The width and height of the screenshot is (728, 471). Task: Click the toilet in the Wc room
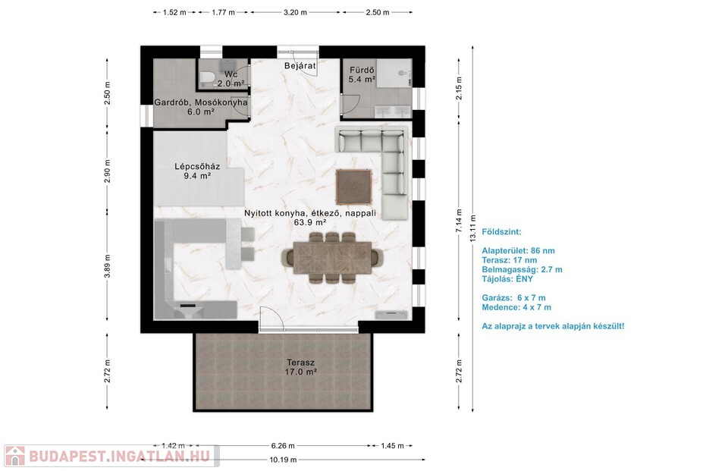tap(206, 77)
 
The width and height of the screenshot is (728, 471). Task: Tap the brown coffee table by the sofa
tap(354, 187)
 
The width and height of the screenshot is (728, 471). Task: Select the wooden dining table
tap(334, 258)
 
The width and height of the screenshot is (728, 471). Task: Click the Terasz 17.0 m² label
tap(301, 367)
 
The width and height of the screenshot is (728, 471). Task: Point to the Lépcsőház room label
tap(197, 171)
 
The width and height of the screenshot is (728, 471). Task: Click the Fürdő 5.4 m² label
tap(362, 75)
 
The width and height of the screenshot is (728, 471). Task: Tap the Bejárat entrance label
tap(300, 66)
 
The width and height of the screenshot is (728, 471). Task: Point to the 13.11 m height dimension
tap(472, 228)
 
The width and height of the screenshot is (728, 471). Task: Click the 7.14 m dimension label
tap(459, 221)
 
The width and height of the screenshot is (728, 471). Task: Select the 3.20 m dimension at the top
tap(295, 13)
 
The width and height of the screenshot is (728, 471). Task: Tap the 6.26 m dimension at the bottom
tap(283, 446)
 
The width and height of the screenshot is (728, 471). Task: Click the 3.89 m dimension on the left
tap(108, 266)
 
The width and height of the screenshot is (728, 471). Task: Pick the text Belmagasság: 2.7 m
tap(522, 269)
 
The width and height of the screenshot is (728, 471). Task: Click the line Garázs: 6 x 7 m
tap(513, 298)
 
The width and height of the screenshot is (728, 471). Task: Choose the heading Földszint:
tap(501, 232)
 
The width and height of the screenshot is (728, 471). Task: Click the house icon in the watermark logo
tap(14, 456)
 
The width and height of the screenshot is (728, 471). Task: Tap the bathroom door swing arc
tap(350, 102)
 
